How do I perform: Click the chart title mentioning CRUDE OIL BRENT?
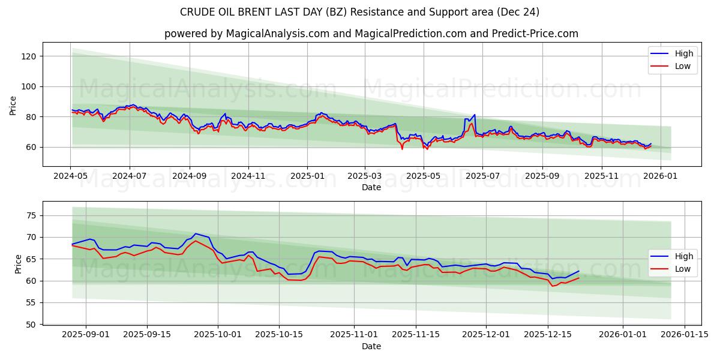pyautogui.click(x=359, y=12)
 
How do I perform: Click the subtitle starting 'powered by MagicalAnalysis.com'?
pyautogui.click(x=371, y=34)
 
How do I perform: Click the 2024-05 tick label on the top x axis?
pyautogui.click(x=71, y=176)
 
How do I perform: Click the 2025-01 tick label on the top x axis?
pyautogui.click(x=307, y=176)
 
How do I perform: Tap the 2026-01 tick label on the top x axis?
pyautogui.click(x=661, y=176)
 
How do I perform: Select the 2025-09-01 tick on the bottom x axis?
pyautogui.click(x=85, y=334)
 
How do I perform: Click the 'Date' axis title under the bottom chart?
pyautogui.click(x=371, y=346)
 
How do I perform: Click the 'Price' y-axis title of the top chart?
pyautogui.click(x=13, y=105)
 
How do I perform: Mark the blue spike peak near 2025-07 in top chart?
pyautogui.click(x=475, y=115)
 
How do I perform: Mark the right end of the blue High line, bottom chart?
pyautogui.click(x=579, y=271)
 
